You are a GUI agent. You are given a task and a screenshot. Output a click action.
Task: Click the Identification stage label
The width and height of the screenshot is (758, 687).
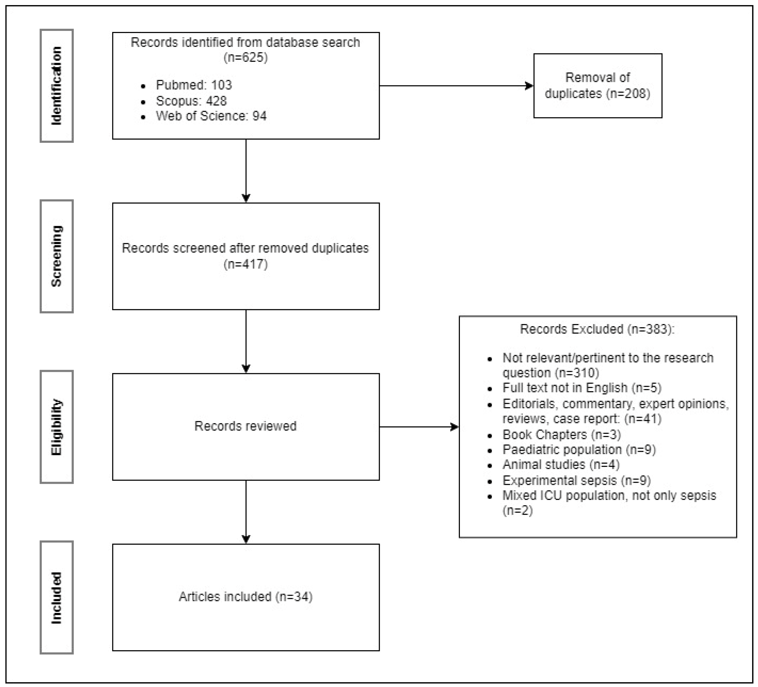[56, 86]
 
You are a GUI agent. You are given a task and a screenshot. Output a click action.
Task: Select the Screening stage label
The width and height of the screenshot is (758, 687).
[56, 256]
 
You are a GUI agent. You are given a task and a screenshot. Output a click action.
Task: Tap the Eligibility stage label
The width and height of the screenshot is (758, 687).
[56, 427]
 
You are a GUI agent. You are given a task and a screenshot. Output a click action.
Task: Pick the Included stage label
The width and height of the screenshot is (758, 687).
[56, 597]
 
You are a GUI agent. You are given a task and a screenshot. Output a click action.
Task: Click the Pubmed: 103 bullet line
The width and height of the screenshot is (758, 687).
[194, 85]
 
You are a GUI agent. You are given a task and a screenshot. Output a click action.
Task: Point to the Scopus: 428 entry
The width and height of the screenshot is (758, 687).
[191, 101]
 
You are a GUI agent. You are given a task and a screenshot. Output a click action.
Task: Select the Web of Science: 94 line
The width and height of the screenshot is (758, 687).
[211, 116]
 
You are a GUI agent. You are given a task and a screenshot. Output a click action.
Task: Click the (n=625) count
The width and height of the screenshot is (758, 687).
[245, 57]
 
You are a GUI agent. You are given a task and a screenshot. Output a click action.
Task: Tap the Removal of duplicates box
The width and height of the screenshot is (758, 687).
[598, 86]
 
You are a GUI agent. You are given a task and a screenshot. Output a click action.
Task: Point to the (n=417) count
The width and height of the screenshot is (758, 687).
[245, 264]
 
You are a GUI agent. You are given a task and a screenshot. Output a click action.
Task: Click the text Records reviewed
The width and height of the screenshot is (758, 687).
[245, 426]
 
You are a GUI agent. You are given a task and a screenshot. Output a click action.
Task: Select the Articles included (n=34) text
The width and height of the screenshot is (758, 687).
[245, 597]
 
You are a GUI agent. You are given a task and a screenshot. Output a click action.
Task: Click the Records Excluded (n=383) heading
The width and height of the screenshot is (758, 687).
[597, 329]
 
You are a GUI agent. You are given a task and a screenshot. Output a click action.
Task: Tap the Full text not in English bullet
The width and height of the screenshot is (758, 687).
[582, 388]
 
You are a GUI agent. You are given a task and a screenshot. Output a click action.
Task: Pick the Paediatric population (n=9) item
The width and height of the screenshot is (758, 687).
[579, 450]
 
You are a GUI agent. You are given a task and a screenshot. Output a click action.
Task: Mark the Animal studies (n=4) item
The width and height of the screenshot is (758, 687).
[561, 465]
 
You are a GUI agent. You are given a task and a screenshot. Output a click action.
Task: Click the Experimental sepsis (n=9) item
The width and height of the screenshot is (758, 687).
[576, 480]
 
